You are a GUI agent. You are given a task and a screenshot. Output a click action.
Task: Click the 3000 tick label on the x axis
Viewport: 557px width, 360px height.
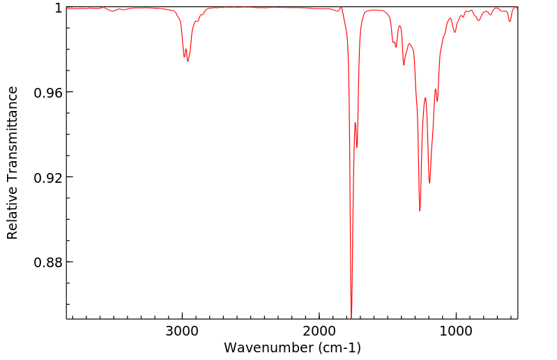click(x=182, y=332)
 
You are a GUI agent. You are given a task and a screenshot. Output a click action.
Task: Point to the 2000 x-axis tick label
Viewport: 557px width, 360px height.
click(x=319, y=332)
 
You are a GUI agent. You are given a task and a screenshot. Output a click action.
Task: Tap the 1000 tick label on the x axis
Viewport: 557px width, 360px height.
click(x=456, y=332)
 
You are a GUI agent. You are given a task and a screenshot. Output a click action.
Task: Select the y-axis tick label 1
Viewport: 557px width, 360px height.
click(x=59, y=8)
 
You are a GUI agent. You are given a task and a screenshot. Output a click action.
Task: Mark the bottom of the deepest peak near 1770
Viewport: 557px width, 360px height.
click(x=351, y=316)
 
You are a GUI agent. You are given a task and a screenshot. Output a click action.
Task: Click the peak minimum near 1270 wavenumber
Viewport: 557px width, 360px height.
click(x=420, y=211)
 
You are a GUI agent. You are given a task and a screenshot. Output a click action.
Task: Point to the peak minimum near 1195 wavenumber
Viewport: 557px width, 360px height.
click(x=429, y=183)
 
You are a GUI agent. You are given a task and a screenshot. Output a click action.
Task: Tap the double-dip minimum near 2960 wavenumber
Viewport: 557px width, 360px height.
click(x=188, y=61)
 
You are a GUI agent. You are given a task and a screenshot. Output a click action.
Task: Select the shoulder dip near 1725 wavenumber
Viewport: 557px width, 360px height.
click(x=357, y=147)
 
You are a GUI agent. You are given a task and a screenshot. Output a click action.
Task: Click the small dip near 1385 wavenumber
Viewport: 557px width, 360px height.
click(x=404, y=65)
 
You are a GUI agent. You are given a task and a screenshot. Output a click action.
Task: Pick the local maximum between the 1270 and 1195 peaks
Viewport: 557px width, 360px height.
click(x=425, y=98)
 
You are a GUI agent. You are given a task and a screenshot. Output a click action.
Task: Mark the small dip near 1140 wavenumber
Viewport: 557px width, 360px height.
click(x=437, y=101)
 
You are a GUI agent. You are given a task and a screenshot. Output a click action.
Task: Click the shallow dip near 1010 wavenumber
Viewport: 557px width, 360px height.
click(x=455, y=32)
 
